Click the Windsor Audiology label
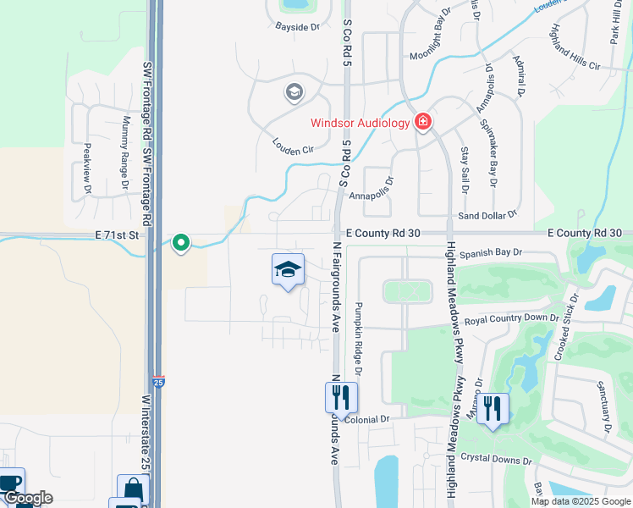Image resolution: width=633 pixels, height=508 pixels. click(360, 123)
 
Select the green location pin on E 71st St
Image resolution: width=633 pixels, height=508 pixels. click(181, 243)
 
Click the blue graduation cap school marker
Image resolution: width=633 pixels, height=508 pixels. click(288, 270)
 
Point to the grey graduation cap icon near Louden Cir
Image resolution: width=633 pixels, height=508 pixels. click(294, 91)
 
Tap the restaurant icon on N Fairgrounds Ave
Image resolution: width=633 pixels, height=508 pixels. click(341, 396)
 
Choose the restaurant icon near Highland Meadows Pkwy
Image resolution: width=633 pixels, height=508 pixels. click(493, 408)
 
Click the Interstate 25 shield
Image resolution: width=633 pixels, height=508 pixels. click(159, 383)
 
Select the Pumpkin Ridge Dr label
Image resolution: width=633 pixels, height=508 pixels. click(359, 339)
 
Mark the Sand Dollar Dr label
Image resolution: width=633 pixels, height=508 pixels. click(487, 217)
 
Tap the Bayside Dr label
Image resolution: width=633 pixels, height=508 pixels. click(297, 26)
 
